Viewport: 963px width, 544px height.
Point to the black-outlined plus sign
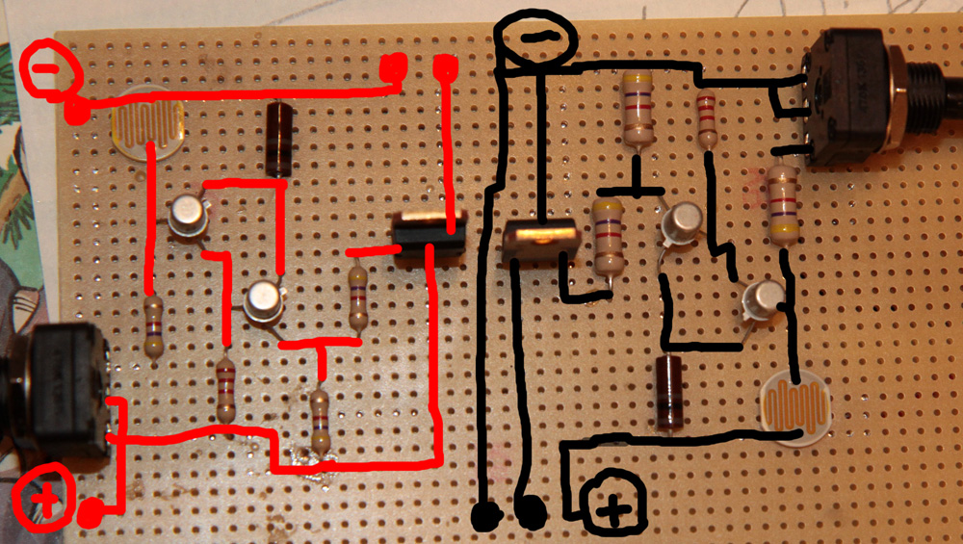click(613, 504)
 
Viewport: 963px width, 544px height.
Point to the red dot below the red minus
click(76, 113)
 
